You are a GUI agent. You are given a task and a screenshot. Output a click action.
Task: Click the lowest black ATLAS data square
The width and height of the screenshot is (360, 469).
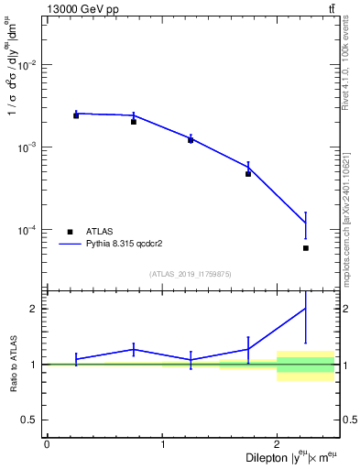coord(306,248)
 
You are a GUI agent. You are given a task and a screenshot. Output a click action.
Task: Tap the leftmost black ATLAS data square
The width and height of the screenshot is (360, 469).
coord(76,115)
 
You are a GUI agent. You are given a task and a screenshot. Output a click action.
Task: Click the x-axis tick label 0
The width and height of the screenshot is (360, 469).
coord(47,444)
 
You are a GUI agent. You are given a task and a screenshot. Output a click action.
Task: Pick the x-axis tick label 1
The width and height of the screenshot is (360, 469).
coord(162,444)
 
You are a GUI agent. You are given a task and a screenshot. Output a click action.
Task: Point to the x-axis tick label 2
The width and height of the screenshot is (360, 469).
coord(277,444)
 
